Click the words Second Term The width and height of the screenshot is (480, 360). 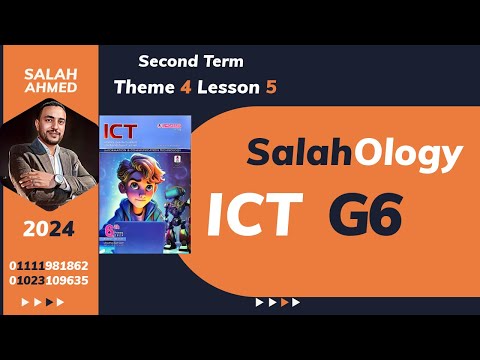191,62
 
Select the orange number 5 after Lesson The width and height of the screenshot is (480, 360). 270,87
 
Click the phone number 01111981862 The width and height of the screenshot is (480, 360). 48,266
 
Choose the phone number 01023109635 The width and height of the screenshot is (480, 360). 48,281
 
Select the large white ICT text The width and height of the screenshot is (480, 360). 255,214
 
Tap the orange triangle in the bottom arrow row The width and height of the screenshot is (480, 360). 285,301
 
